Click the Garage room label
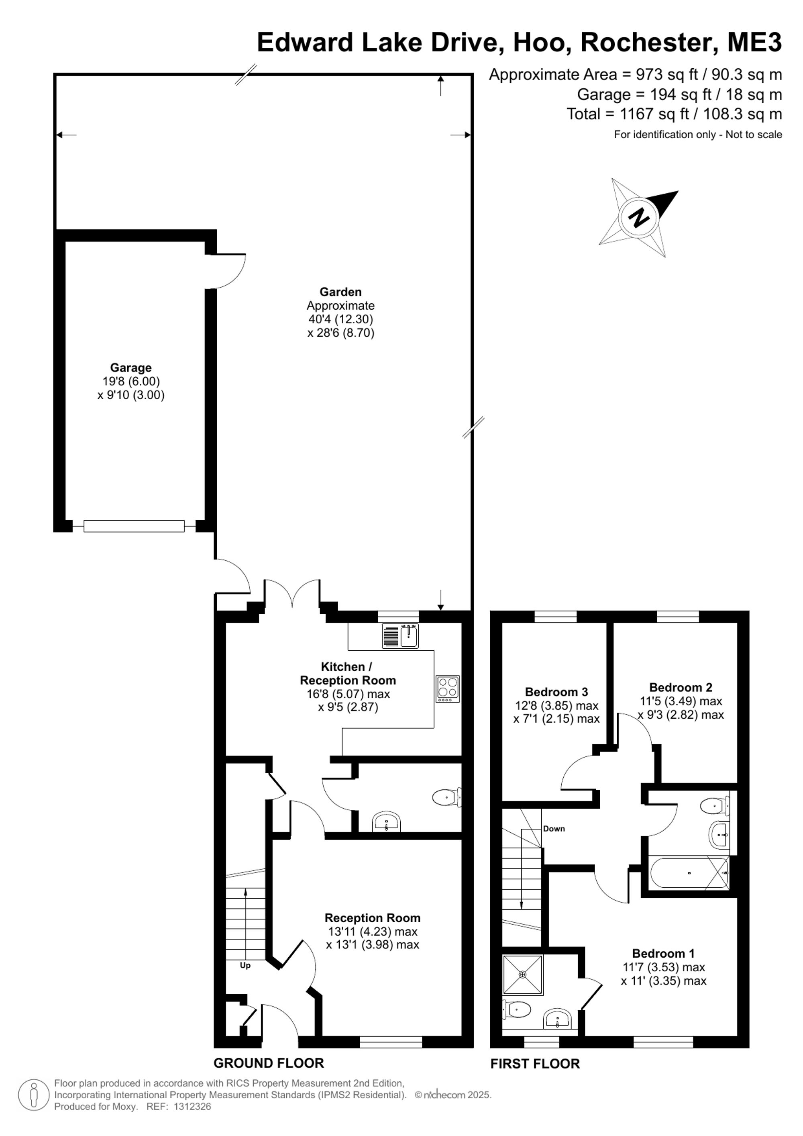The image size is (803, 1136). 130,368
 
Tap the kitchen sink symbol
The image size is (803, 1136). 401,636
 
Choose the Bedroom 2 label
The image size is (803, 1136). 681,687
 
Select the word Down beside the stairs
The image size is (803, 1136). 554,829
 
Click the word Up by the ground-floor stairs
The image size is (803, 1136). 245,965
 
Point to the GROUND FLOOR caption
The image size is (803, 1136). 269,1063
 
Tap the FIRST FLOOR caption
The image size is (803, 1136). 535,1064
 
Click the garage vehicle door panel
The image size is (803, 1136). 134,526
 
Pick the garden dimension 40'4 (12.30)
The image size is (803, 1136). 341,319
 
